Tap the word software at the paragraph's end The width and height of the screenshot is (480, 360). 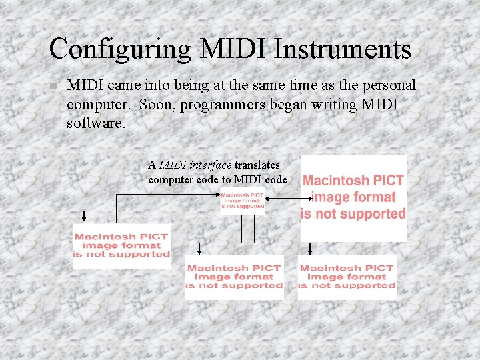click(x=95, y=124)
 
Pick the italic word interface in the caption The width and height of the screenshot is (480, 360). click(x=211, y=165)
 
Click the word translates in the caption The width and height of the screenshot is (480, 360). click(x=257, y=165)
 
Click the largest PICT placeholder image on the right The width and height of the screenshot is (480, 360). click(x=353, y=197)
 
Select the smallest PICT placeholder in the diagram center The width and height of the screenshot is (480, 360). click(x=243, y=201)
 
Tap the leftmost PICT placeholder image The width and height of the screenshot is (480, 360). click(x=121, y=245)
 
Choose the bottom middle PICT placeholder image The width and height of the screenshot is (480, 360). click(x=234, y=277)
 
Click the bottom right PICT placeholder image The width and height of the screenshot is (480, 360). click(x=347, y=277)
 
